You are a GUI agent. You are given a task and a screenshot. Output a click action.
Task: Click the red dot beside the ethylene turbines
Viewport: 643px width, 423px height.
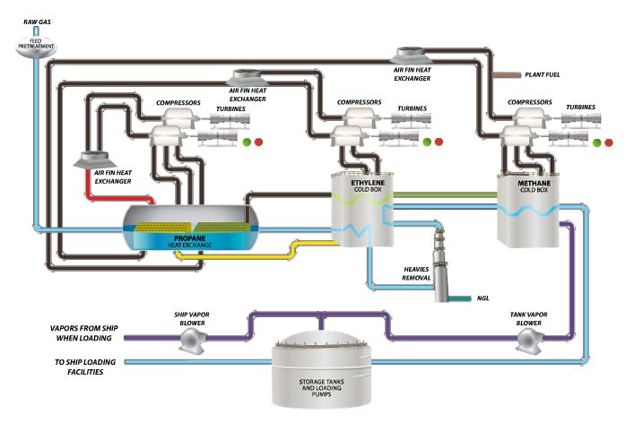pos(441,142)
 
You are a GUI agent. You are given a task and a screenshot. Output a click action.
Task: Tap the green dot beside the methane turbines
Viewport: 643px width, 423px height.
pos(597,142)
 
